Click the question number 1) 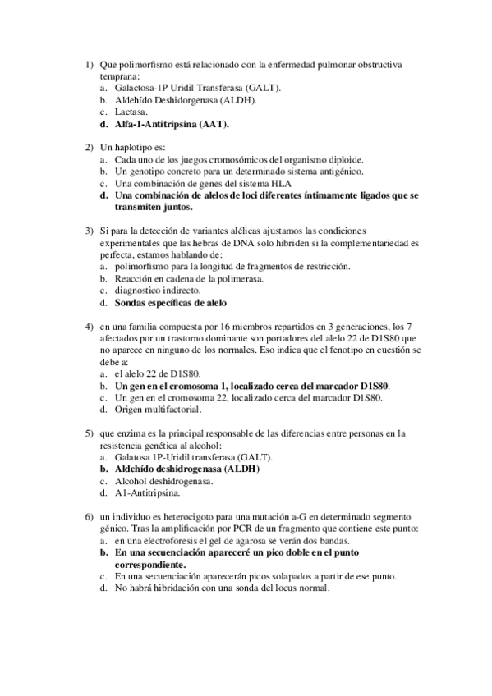pyautogui.click(x=90, y=64)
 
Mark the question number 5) pyautogui.click(x=90, y=433)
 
